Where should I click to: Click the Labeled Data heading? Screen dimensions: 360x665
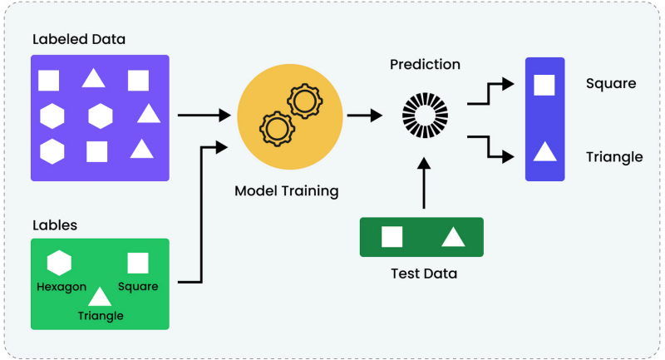coord(78,39)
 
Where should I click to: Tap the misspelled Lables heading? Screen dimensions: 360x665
coord(55,224)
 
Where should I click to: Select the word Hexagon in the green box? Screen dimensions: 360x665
coord(62,287)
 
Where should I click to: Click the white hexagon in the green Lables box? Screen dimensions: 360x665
coord(59,263)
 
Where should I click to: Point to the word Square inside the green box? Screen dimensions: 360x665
coord(138,287)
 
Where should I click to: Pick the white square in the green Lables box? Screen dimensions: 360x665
coord(138,263)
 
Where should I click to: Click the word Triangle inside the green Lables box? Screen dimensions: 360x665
coord(101,315)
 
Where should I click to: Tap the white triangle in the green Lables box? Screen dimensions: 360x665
coord(101,297)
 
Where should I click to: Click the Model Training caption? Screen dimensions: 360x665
coord(287,191)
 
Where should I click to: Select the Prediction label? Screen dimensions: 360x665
coord(425,64)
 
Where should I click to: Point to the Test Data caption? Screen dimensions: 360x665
coord(424,273)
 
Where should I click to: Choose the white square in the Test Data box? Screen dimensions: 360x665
coord(392,237)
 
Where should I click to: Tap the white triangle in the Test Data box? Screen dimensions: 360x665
coord(452,237)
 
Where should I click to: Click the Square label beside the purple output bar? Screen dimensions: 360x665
coord(611,84)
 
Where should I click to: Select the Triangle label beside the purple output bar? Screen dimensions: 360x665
coord(614,157)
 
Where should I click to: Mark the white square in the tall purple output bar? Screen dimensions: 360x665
coord(544,85)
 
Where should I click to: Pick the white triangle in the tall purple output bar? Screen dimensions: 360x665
coord(544,151)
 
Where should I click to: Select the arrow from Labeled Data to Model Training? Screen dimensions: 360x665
coord(204,114)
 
